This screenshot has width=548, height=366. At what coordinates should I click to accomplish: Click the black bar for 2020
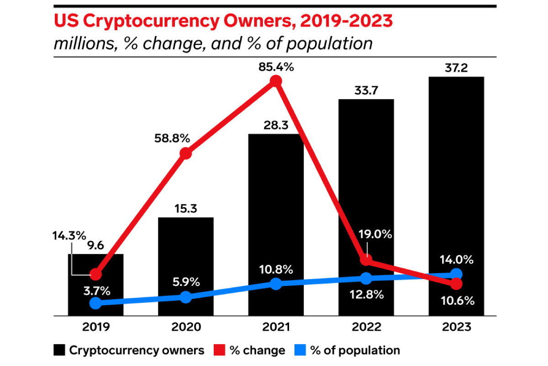pyautogui.click(x=186, y=266)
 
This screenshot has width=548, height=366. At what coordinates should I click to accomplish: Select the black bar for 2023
pyautogui.click(x=456, y=196)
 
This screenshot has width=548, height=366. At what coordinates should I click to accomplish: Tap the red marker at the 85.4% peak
pyautogui.click(x=276, y=81)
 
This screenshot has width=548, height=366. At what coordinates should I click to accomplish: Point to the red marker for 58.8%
pyautogui.click(x=186, y=153)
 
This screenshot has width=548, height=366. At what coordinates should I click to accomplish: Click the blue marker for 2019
pyautogui.click(x=95, y=303)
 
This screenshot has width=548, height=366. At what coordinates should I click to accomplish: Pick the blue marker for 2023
pyautogui.click(x=456, y=274)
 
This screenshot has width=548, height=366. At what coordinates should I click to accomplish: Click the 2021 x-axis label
pyautogui.click(x=276, y=327)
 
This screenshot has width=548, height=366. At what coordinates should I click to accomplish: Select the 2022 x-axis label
pyautogui.click(x=366, y=327)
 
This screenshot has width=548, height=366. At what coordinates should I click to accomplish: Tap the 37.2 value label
pyautogui.click(x=456, y=68)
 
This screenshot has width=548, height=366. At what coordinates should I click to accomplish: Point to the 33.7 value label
pyautogui.click(x=366, y=91)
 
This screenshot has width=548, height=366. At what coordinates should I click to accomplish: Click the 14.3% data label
pyautogui.click(x=69, y=236)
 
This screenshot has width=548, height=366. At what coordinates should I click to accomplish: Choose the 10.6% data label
pyautogui.click(x=458, y=301)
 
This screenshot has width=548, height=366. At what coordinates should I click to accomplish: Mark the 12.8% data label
pyautogui.click(x=366, y=295)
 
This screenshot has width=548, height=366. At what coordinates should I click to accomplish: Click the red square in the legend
pyautogui.click(x=219, y=350)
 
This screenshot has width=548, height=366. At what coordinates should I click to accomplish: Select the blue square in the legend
pyautogui.click(x=300, y=350)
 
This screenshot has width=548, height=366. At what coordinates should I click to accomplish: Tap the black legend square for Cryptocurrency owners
pyautogui.click(x=59, y=350)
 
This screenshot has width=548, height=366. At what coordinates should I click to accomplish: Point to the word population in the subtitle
pyautogui.click(x=329, y=44)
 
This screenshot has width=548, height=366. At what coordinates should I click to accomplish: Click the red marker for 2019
pyautogui.click(x=95, y=274)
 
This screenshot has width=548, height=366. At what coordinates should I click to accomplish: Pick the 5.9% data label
pyautogui.click(x=186, y=282)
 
